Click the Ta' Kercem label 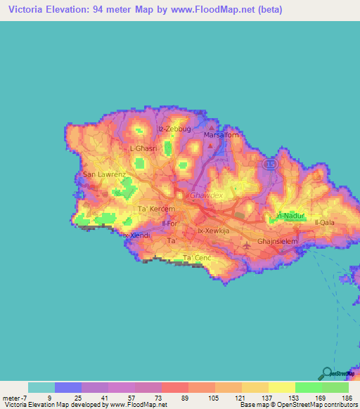pos(155,209)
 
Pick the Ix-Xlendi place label pos(136,235)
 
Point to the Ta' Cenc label pos(198,258)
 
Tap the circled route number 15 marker pos(269,163)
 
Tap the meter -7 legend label pos(15,397)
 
